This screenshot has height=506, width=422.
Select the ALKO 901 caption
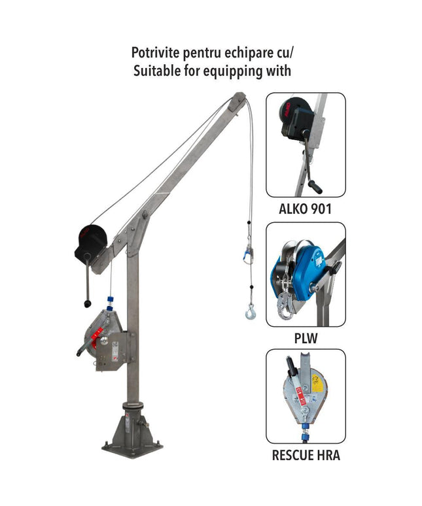[x=305, y=209]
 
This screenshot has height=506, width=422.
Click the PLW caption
[x=306, y=338]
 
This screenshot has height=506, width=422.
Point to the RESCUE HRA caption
[x=306, y=455]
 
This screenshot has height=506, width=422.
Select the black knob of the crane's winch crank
[x=88, y=303]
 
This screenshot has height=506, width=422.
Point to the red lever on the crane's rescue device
[x=96, y=337]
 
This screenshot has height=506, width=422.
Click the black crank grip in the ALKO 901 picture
[x=315, y=186]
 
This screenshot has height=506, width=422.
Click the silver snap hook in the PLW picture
[x=285, y=307]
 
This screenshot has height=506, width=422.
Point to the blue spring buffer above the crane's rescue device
[x=110, y=303]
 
